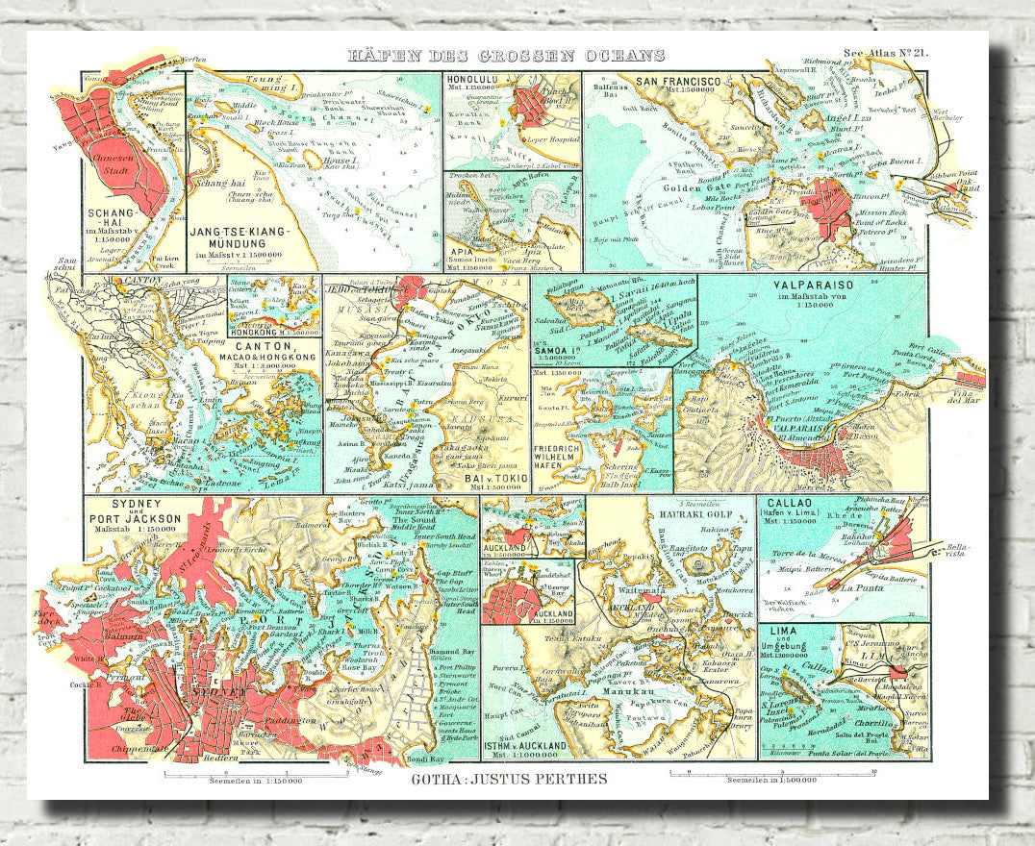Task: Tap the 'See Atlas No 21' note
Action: [x=884, y=56]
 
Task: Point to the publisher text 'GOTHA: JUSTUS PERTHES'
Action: [x=510, y=779]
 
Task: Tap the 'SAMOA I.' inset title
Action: [x=555, y=353]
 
